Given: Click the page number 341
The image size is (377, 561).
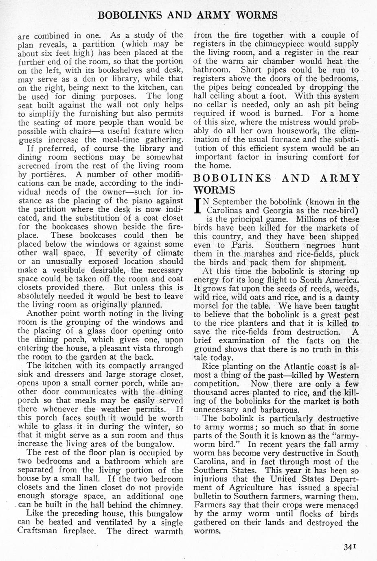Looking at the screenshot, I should (x=350, y=547).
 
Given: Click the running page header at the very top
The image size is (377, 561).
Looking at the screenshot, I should (x=188, y=15).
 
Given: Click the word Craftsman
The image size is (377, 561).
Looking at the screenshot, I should (x=38, y=531).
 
